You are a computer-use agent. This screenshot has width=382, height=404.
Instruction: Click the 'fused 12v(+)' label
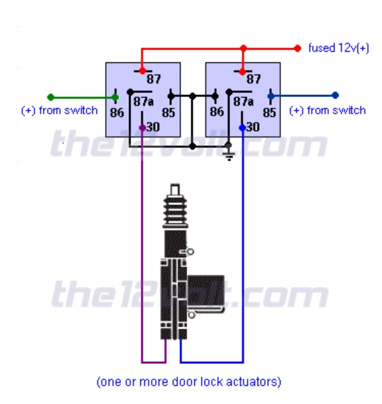pyautogui.click(x=338, y=48)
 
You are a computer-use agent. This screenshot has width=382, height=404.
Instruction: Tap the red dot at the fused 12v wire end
pyautogui.click(x=298, y=48)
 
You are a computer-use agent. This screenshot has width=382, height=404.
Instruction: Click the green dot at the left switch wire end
pyautogui.click(x=51, y=97)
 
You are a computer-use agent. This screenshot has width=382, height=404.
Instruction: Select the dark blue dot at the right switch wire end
pyautogui.click(x=335, y=95)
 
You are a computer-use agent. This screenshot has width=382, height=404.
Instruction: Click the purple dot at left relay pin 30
pyautogui.click(x=142, y=128)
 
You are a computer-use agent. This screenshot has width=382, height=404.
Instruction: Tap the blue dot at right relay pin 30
pyautogui.click(x=243, y=128)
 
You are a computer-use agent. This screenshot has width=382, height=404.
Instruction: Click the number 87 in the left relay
pyautogui.click(x=154, y=79)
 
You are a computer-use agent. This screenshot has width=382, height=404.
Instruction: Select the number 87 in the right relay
pyautogui.click(x=254, y=79)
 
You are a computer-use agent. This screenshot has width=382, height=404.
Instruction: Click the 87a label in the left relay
pyautogui.click(x=143, y=102)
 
